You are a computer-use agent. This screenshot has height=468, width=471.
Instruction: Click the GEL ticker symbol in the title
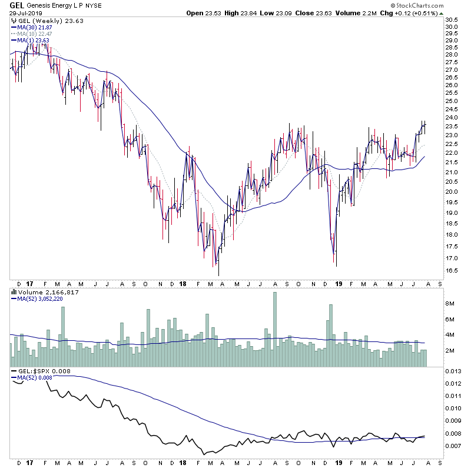tap(16, 5)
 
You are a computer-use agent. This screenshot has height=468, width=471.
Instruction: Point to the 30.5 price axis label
tap(452, 20)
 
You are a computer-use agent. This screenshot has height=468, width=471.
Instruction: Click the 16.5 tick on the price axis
tap(452, 271)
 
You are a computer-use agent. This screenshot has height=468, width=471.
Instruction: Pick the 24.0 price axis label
tap(452, 118)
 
